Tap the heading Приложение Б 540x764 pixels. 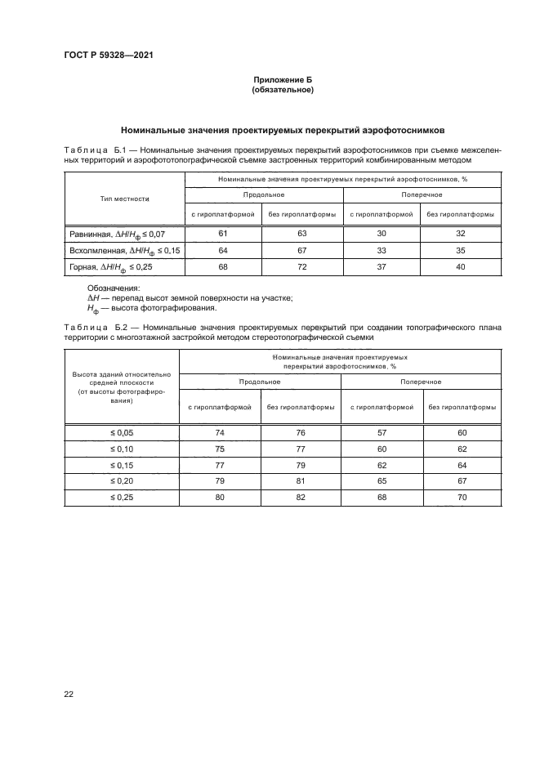click(283, 80)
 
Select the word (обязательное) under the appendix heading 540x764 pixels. click(283, 90)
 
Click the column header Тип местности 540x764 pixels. click(125, 199)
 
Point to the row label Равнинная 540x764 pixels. click(90, 235)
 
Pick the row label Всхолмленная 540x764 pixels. click(96, 250)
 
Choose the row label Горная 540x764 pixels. click(85, 266)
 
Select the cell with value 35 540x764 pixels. click(461, 250)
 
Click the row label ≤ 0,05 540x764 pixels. click(121, 433)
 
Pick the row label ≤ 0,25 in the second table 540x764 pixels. click(121, 497)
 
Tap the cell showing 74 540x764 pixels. click(219, 433)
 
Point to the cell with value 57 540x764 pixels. click(382, 433)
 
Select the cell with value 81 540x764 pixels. click(301, 481)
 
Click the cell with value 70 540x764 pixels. click(462, 497)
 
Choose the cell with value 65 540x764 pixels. click(382, 481)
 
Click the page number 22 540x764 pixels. click(68, 695)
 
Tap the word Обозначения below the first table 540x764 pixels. click(113, 288)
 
